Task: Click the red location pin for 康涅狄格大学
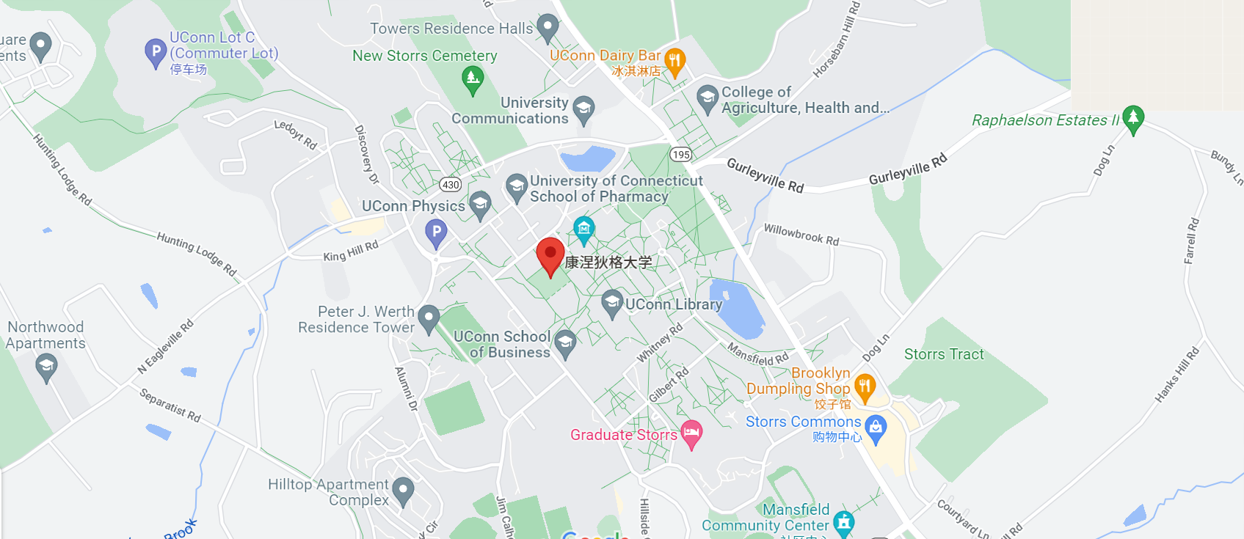click(x=550, y=254)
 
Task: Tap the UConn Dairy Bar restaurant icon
click(x=674, y=60)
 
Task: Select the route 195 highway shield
click(x=681, y=154)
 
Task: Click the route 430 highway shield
click(x=451, y=185)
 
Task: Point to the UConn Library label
click(x=674, y=304)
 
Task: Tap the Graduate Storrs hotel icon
click(x=691, y=433)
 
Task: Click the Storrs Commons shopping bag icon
click(x=876, y=428)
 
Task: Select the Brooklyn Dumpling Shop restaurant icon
click(x=865, y=386)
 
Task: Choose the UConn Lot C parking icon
click(x=156, y=52)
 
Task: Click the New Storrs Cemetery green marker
click(x=473, y=78)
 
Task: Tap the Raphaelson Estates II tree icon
click(x=1133, y=118)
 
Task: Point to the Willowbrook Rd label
click(x=801, y=235)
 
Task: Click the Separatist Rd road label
click(x=170, y=405)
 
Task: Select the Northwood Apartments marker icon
click(x=46, y=366)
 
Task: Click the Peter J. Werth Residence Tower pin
click(x=429, y=318)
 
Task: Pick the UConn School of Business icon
click(x=565, y=342)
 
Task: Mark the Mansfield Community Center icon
click(x=844, y=521)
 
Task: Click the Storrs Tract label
click(x=944, y=354)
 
